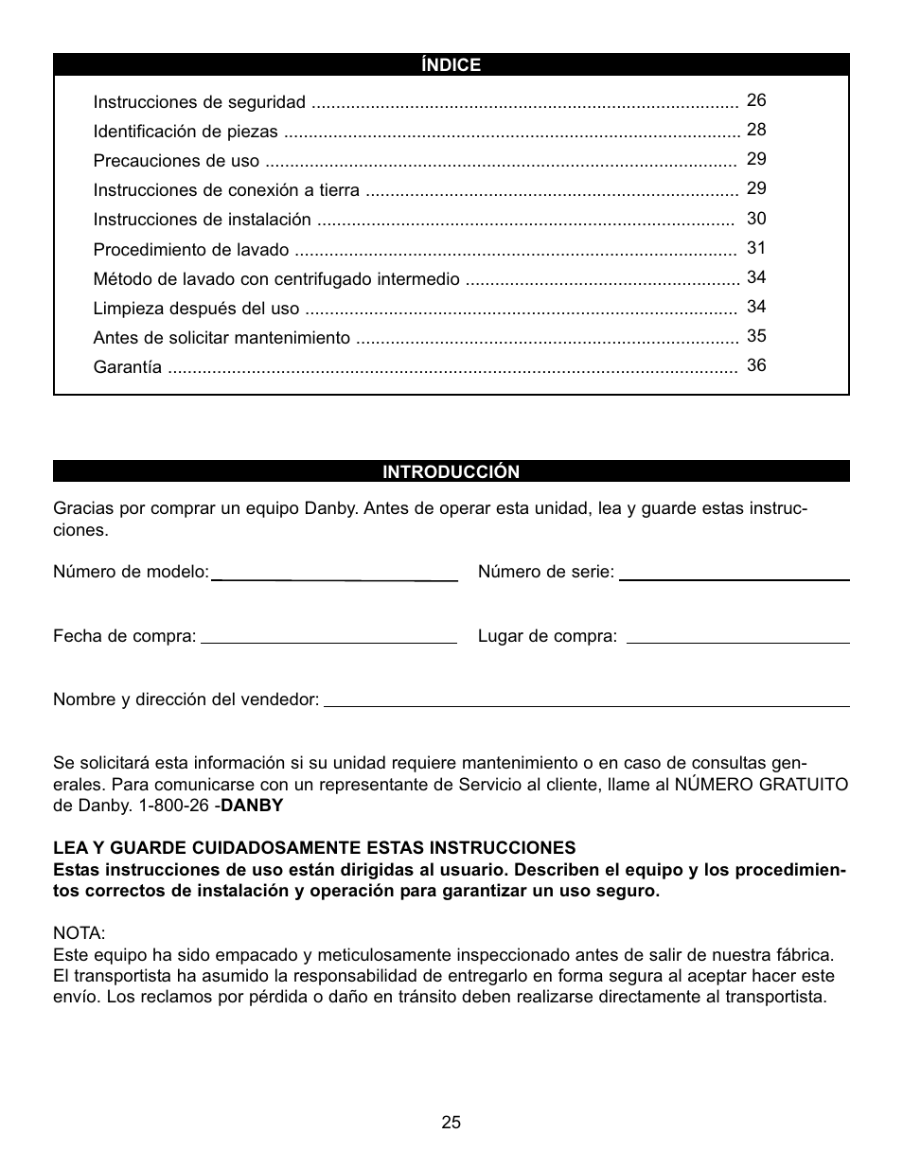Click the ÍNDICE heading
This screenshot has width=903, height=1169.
[x=451, y=65]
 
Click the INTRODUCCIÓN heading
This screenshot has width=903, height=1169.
[x=451, y=471]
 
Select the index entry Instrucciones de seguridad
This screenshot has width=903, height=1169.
[x=199, y=102]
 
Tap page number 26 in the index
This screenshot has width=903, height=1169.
[x=756, y=100]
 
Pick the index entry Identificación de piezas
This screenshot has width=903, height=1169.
[x=186, y=132]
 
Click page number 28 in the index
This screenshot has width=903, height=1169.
[x=756, y=130]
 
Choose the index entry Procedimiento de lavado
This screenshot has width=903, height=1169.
[x=191, y=250]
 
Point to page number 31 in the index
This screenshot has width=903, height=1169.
[x=756, y=248]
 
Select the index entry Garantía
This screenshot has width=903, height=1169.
[x=127, y=367]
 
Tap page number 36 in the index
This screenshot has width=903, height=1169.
[x=756, y=365]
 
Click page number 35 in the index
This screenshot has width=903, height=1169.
[x=756, y=336]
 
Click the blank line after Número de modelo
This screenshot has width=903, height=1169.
[x=334, y=577]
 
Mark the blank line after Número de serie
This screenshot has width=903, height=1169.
[x=734, y=577]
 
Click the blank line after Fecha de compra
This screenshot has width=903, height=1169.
[x=328, y=641]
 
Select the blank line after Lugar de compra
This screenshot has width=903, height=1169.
[x=737, y=641]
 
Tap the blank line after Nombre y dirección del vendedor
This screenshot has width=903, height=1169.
[x=586, y=704]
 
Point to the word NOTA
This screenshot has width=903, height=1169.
[x=80, y=934]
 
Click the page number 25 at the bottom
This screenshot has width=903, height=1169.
[x=451, y=1123]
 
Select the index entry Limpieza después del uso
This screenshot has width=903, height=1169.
[x=196, y=309]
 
